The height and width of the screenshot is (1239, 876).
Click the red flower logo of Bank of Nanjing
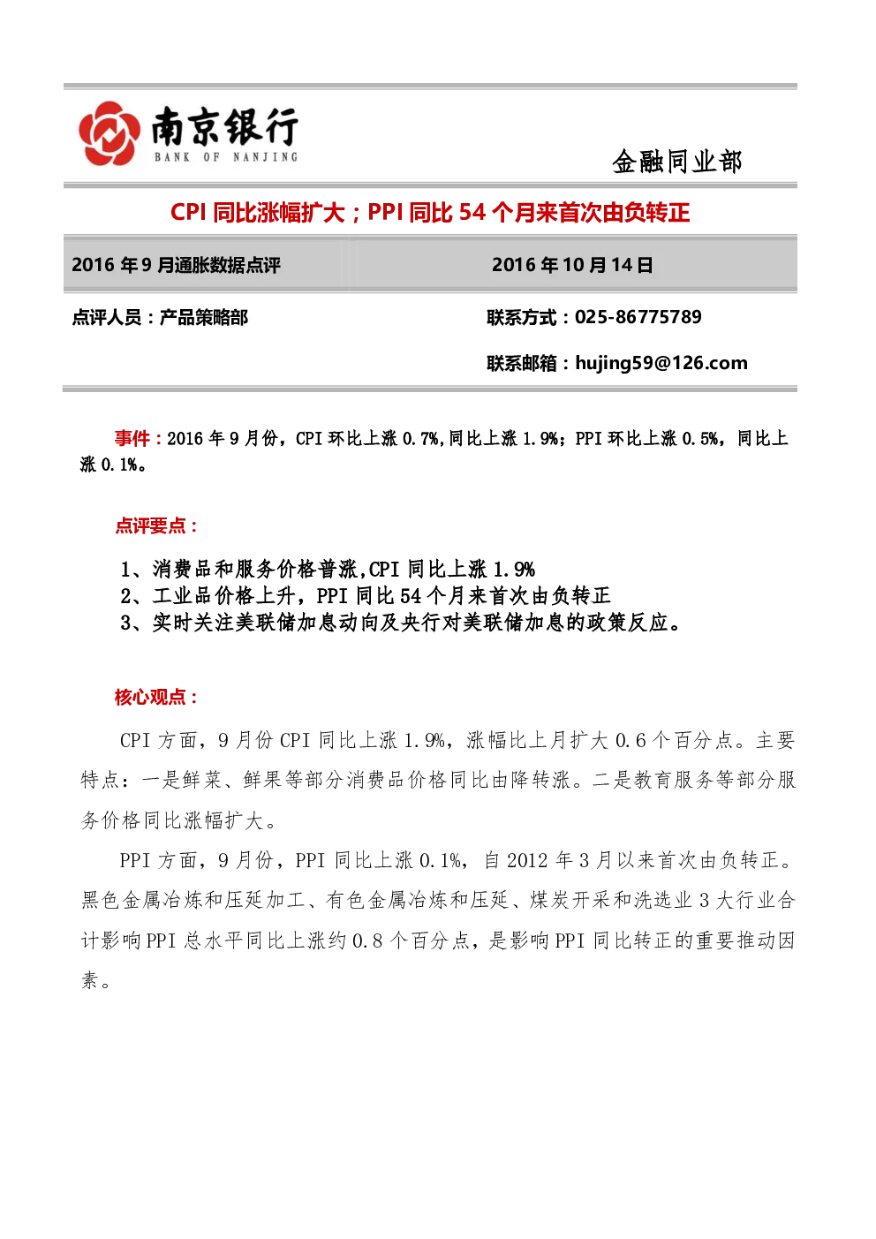tap(109, 133)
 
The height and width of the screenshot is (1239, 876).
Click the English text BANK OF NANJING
tap(226, 157)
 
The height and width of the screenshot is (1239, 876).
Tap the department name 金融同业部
tap(677, 162)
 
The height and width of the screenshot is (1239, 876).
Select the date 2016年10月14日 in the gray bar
tap(572, 265)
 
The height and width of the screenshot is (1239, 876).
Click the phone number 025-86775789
tap(638, 317)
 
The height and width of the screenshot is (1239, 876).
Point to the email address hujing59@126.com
tap(661, 364)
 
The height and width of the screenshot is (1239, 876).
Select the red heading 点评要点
tap(150, 525)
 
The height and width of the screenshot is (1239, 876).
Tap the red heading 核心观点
tap(150, 697)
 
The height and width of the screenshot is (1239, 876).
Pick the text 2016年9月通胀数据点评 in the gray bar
tap(176, 265)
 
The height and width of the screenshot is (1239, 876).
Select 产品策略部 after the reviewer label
tap(203, 318)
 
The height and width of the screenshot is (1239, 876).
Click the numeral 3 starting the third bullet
tap(126, 623)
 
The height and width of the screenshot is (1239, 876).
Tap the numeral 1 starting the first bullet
tap(126, 570)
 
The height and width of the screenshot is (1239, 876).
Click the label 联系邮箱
tap(522, 364)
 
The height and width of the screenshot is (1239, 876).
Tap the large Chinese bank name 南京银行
tap(225, 126)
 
